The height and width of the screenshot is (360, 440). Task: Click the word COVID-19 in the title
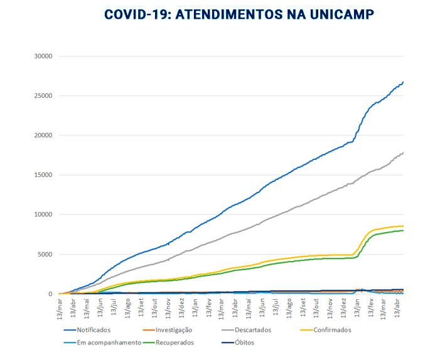tap(135, 14)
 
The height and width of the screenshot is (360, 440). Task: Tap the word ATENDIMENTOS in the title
tap(232, 14)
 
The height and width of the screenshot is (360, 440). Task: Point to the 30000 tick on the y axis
tap(42, 56)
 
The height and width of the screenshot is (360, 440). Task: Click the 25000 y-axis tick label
tap(42, 96)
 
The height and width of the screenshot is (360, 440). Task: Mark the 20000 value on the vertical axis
tap(42, 135)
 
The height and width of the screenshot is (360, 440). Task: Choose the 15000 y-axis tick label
tap(42, 175)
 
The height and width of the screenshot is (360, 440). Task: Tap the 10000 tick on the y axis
tap(42, 214)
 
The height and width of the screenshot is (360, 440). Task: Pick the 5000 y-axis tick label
tap(44, 254)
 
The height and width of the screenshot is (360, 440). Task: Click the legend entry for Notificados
tap(94, 330)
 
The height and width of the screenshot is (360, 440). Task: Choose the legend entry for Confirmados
tap(330, 330)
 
